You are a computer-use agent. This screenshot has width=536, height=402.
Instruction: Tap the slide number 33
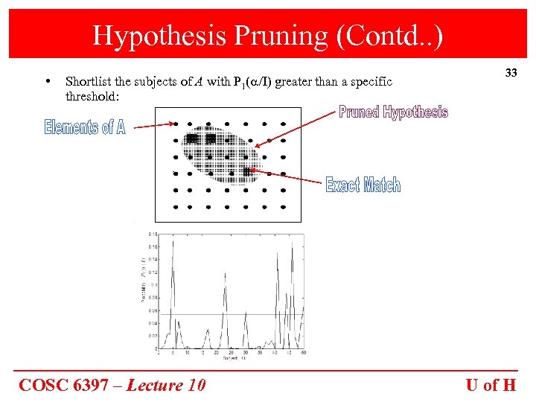[511, 73]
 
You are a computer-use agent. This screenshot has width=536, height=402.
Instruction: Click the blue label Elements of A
[85, 127]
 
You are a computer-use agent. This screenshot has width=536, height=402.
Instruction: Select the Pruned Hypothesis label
[393, 112]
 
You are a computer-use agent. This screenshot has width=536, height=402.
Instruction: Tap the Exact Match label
[363, 185]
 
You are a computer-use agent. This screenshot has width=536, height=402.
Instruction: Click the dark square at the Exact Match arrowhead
[246, 172]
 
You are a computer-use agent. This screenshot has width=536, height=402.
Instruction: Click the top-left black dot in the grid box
[175, 124]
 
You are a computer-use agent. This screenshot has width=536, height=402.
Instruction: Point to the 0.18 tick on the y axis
[151, 234]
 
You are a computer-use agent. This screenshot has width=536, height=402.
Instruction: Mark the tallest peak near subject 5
[173, 241]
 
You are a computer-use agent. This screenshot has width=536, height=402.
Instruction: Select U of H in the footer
[491, 385]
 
